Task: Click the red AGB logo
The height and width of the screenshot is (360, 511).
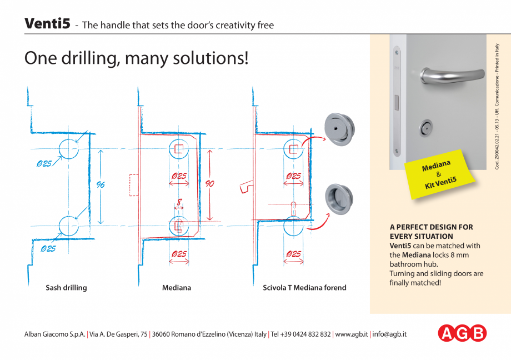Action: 462,333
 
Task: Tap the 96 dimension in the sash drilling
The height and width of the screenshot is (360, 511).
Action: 101,185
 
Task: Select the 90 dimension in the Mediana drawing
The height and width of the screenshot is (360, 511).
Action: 210,184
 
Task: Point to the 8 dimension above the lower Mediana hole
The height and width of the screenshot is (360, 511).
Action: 179,203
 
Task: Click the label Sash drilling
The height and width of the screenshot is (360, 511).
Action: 66,288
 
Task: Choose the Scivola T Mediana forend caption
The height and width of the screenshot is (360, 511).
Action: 304,288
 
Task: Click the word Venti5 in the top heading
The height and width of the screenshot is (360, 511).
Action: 47,24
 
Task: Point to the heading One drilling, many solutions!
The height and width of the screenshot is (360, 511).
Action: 136,58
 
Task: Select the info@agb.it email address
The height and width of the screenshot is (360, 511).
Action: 390,334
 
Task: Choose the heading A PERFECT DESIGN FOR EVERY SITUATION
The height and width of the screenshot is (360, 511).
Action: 431,232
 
